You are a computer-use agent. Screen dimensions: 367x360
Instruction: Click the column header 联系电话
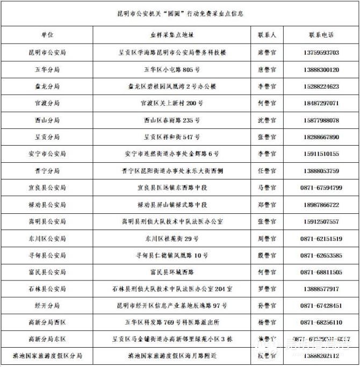coord(321,35)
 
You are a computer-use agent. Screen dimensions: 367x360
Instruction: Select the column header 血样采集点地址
coord(172,35)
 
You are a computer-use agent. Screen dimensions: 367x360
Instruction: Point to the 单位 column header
coord(47,35)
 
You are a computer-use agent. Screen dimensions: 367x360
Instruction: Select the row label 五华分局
coord(47,69)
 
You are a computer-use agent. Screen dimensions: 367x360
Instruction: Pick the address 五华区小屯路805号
coord(172,69)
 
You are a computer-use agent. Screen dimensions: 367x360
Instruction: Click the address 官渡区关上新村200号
coord(172,103)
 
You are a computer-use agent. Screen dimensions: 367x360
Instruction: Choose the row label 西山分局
coord(47,120)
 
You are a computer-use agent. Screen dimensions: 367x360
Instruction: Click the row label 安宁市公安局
coord(47,154)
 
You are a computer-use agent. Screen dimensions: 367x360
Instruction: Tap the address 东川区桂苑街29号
coord(172,239)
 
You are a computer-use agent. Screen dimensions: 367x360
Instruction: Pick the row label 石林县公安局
coord(47,289)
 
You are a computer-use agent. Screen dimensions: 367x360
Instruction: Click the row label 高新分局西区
coord(47,322)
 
